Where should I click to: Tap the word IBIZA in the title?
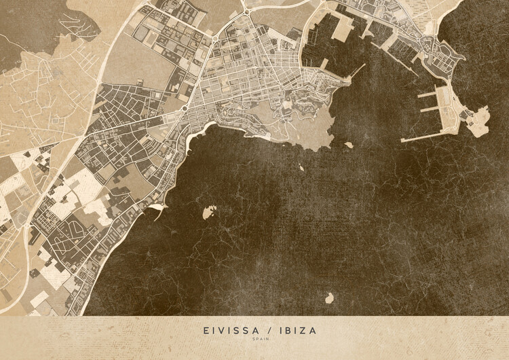[295, 331]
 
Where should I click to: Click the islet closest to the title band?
[329, 298]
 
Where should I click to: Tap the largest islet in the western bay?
[209, 212]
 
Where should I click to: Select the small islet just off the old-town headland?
[348, 144]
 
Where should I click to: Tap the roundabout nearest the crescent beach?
[184, 107]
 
